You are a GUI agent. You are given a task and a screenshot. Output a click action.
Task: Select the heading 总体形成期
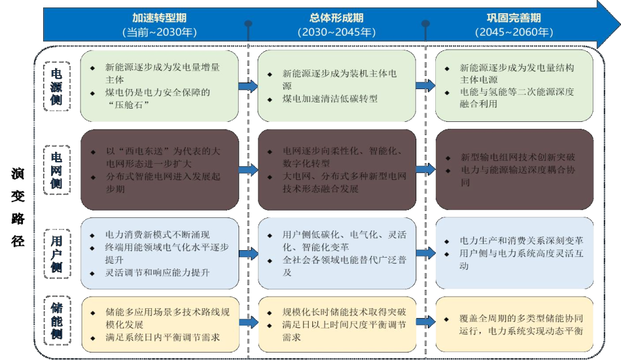click(336, 18)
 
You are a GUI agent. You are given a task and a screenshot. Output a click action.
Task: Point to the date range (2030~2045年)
click(336, 33)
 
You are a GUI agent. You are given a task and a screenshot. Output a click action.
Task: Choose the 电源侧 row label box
click(57, 86)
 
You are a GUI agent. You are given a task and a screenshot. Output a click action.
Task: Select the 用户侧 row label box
click(57, 254)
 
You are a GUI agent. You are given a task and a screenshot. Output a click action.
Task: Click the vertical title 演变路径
click(18, 208)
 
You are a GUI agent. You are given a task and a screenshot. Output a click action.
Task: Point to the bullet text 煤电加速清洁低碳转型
click(330, 98)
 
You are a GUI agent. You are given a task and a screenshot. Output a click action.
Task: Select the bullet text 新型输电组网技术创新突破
click(517, 158)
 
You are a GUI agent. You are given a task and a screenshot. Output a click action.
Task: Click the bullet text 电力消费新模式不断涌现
click(158, 235)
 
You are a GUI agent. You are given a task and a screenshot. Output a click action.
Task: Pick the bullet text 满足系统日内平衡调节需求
click(163, 337)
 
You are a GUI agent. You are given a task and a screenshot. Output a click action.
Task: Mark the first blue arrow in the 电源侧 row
click(248, 86)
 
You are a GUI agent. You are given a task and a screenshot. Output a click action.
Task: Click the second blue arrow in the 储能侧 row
click(425, 323)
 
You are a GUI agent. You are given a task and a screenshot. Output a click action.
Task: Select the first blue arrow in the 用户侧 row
click(248, 253)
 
